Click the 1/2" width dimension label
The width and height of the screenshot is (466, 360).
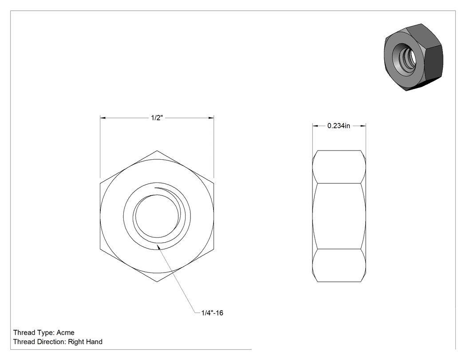(157, 118)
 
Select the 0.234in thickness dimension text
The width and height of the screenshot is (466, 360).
(339, 126)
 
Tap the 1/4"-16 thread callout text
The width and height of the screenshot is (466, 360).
(212, 313)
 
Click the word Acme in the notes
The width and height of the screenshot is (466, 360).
(65, 332)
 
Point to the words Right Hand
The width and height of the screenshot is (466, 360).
(85, 342)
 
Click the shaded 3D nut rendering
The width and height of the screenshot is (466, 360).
(413, 57)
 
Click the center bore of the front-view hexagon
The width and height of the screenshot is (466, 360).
(157, 216)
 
